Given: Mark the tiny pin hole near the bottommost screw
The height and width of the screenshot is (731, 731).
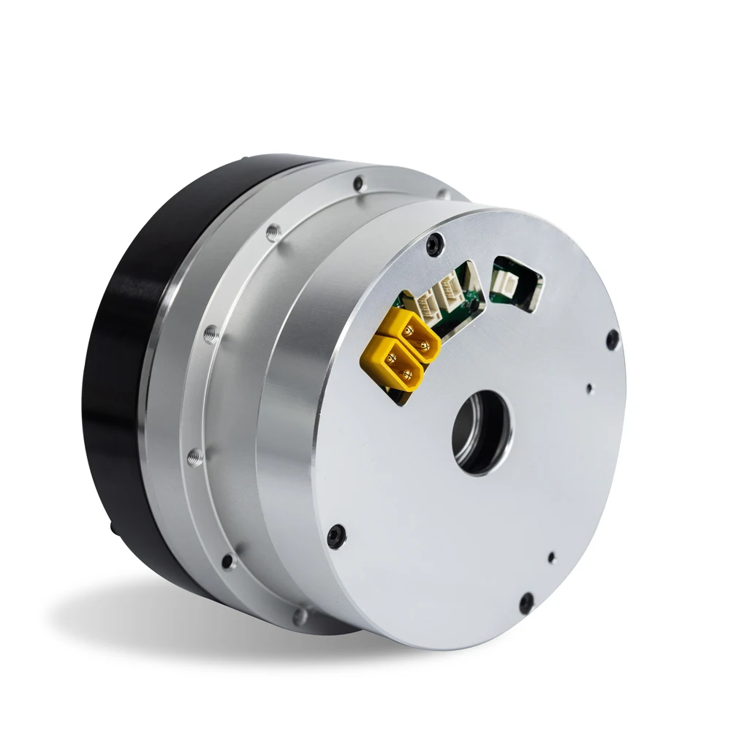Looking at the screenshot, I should pyautogui.click(x=551, y=557).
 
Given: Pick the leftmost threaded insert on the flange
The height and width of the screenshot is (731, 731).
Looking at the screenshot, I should pyautogui.click(x=194, y=458).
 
